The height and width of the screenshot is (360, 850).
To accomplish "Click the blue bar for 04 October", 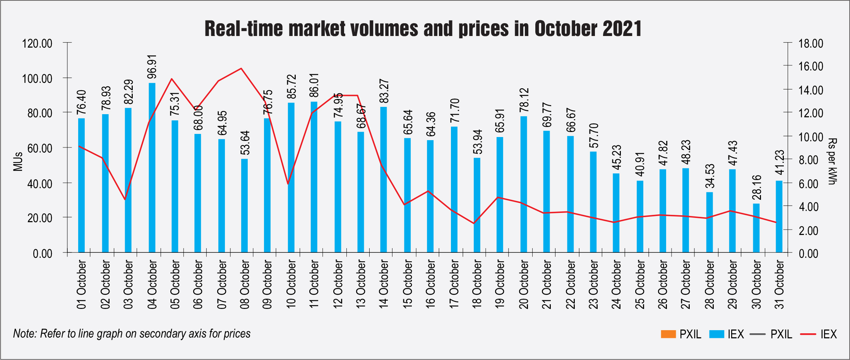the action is coord(152,168).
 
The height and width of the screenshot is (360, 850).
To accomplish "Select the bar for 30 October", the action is coord(756,228).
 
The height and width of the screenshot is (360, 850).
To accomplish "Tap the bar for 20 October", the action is coord(524,184).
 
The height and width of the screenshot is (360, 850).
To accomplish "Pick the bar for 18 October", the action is coord(477,205).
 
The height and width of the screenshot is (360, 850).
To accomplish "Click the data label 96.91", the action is coord(152,67).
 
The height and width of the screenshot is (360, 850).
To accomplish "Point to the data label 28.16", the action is coord(757,187).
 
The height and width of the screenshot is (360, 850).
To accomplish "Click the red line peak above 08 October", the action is coord(241,69).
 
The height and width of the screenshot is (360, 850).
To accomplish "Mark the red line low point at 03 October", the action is coord(125,199).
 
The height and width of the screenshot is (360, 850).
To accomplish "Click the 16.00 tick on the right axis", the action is coord(811,66).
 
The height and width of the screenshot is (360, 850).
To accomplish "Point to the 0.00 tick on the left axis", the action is coord(43,254).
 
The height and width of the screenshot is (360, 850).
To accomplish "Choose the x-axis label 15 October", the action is coord(408,284).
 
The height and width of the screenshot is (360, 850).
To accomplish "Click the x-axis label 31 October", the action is coord(779,284).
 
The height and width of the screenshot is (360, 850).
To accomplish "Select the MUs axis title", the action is coord(18,161).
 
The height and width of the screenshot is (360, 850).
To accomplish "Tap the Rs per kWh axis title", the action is coord(832,161).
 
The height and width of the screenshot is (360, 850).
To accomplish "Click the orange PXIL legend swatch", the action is coord(668,334).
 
